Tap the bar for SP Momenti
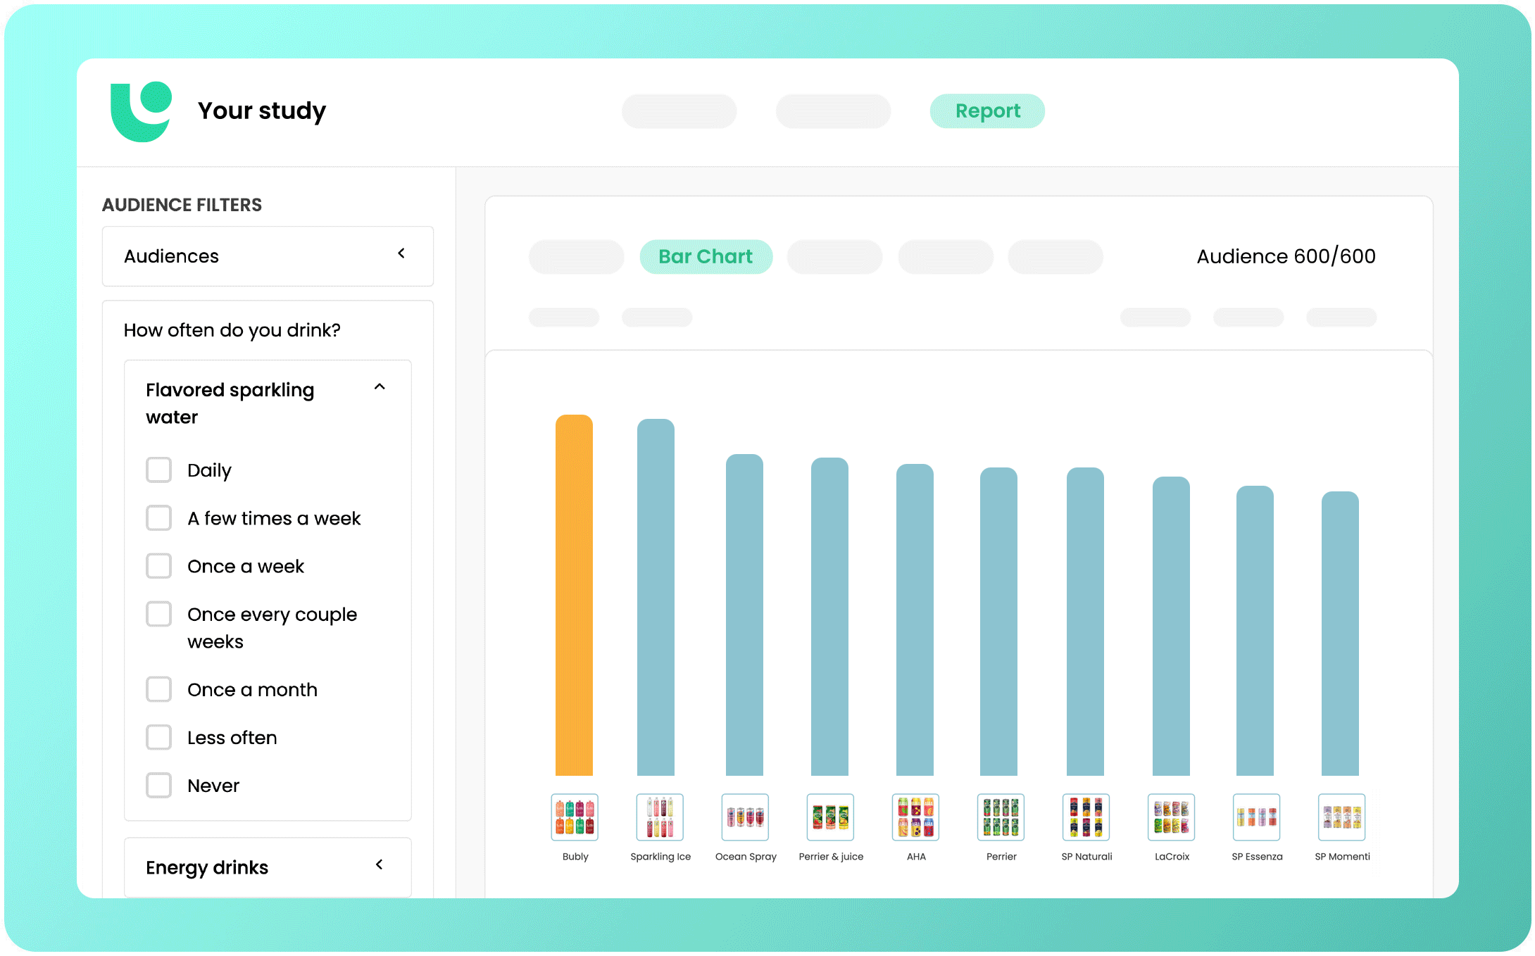1340,634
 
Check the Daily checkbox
158,470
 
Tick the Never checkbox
158,786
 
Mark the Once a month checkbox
158,690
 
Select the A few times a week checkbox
158,518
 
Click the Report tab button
987,111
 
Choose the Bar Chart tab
706,257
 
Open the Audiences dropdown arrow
401,253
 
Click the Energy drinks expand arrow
380,864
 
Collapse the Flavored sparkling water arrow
380,387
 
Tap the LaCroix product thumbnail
1171,817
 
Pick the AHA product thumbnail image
915,817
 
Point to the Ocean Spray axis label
746,857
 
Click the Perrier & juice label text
831,857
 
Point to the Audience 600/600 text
1286,257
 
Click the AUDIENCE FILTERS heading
182,205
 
